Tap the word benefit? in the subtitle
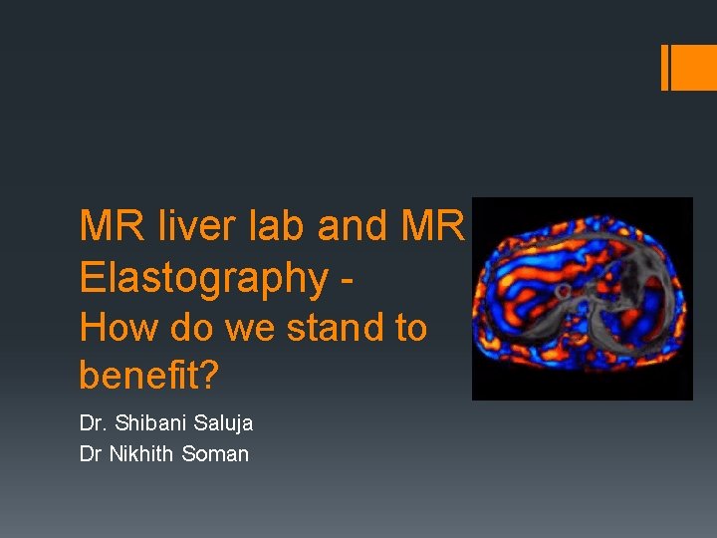(x=148, y=375)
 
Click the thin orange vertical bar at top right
(x=665, y=68)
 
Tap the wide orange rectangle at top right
(x=695, y=68)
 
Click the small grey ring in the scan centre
(x=563, y=292)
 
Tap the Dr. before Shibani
(x=96, y=423)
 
